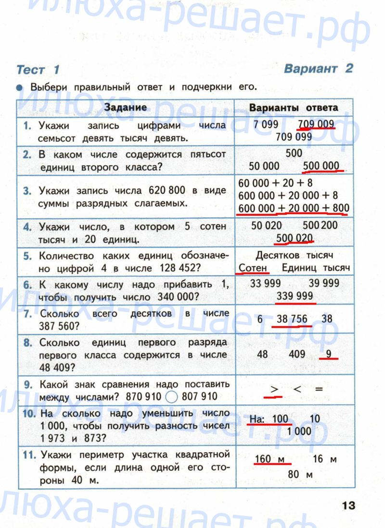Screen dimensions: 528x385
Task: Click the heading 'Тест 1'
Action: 38,70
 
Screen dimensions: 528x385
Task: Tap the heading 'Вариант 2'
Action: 318,68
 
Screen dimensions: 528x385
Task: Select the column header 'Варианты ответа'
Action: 294,108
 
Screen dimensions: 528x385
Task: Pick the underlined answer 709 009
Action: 316,124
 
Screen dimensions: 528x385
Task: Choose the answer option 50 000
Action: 264,166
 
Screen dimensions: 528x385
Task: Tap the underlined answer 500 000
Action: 321,166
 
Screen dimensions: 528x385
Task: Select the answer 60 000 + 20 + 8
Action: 275,183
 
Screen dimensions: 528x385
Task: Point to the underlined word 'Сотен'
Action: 253,268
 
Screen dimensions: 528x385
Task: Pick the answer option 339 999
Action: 295,296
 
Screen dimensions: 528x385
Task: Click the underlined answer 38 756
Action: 293,319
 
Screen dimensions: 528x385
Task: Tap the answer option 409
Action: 297,355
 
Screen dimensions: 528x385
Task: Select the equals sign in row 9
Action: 319,390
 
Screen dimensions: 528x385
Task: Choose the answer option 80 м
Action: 300,475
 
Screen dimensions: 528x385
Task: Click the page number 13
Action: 348,505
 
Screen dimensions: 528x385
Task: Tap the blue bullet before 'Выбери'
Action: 19,88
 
